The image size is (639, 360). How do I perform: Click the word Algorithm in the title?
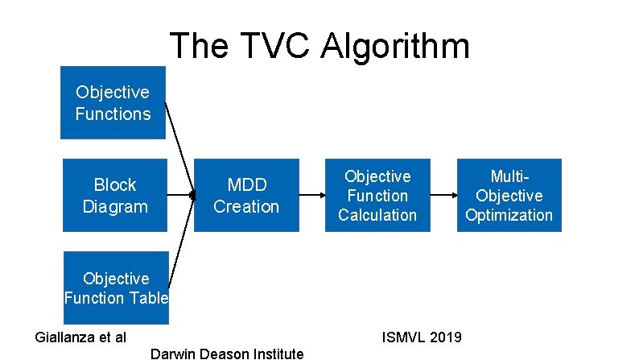tap(395, 47)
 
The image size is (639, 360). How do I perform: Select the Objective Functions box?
tap(113, 104)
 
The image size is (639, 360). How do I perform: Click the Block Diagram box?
tap(115, 196)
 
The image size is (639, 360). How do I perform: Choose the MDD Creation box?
tap(246, 196)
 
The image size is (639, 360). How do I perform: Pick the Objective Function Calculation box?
tap(377, 196)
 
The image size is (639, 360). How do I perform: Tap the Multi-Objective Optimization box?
tap(509, 196)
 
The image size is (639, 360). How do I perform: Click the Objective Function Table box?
tap(116, 288)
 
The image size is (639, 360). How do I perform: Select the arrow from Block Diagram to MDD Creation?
tap(181, 195)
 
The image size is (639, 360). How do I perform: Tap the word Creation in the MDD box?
tap(246, 206)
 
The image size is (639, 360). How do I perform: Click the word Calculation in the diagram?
tap(377, 215)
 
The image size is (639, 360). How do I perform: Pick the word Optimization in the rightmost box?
tap(509, 215)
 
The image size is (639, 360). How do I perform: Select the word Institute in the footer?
tap(275, 353)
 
